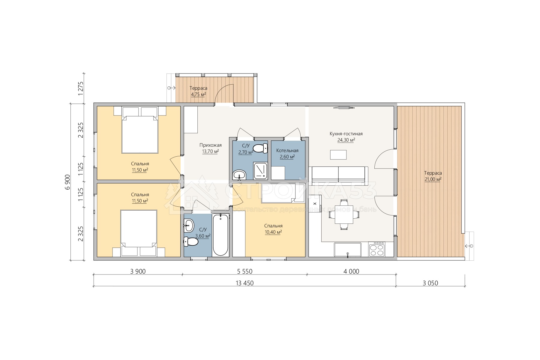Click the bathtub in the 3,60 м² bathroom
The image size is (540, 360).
[220, 235]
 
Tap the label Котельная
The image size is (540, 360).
[287, 151]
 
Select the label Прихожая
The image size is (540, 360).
[211, 145]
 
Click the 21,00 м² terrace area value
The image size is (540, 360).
[433, 179]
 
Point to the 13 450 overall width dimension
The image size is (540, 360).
[244, 283]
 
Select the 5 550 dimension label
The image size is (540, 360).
[245, 271]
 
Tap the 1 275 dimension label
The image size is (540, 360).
[80, 88]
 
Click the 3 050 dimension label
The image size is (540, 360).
[430, 283]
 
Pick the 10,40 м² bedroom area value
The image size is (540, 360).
[273, 232]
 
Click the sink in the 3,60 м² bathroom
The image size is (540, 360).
[189, 225]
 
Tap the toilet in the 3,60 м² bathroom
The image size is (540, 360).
[190, 241]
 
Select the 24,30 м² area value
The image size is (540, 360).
[346, 140]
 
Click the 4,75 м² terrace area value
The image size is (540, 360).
[198, 94]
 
